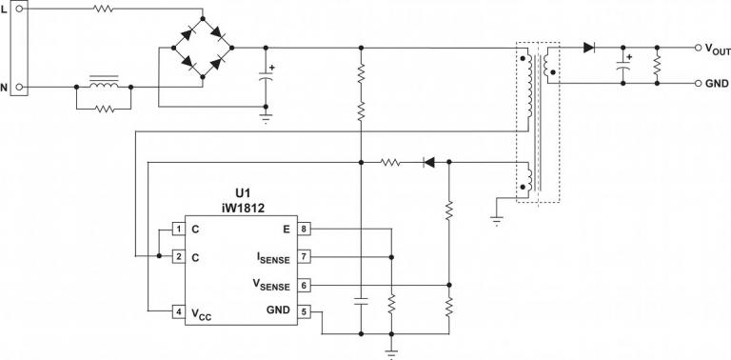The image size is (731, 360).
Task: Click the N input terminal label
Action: [5, 87]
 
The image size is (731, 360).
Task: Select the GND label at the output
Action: [716, 84]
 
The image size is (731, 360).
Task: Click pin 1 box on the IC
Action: [178, 230]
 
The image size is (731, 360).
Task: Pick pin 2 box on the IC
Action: [178, 257]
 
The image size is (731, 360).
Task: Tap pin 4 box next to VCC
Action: [178, 311]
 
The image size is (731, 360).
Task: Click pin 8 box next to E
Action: [305, 230]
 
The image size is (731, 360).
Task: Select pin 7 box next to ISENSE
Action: [305, 257]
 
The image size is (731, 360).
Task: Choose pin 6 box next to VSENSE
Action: [305, 285]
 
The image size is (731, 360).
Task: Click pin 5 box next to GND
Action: [305, 311]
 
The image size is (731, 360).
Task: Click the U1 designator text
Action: [241, 190]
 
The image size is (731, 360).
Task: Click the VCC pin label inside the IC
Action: [200, 312]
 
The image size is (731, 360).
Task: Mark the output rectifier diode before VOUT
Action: [589, 47]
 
